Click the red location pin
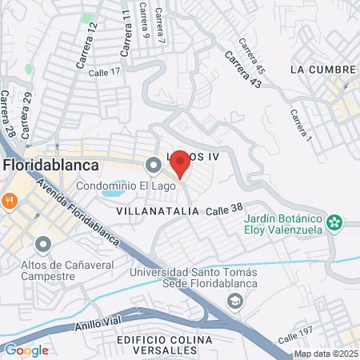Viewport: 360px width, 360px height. pos(180,163)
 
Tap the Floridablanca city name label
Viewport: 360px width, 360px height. pos(51,165)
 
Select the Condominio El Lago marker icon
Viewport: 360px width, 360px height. pos(153,166)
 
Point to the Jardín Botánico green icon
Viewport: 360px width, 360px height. pos(337,220)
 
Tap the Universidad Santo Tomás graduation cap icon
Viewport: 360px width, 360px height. pos(235,301)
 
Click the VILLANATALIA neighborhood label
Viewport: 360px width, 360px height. pos(157,210)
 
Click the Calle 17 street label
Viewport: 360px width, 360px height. pos(104,72)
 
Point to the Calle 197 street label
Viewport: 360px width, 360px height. pos(295,338)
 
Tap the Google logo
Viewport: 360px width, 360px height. pos(26,350)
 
